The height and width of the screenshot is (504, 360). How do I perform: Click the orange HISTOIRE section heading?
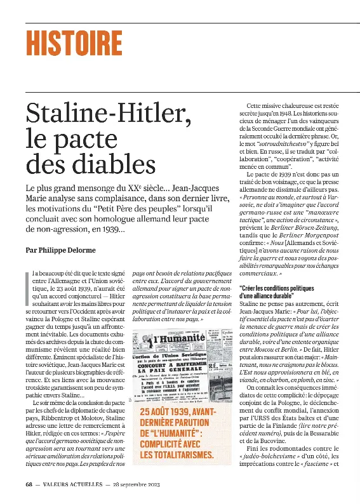coord(74,43)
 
